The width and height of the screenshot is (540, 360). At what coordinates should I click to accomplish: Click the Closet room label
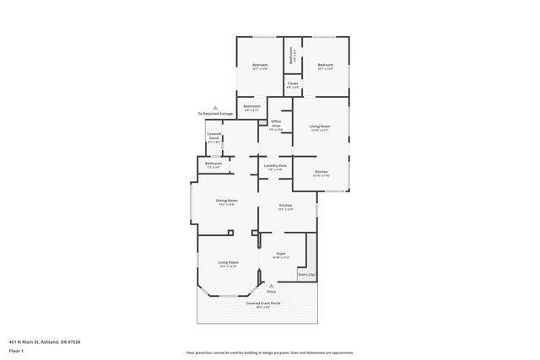coord(292,84)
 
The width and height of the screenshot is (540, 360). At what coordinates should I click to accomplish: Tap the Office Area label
coord(275,125)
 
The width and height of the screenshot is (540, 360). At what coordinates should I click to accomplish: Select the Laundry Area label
coord(275,166)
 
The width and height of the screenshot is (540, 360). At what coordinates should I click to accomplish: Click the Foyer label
coord(281,253)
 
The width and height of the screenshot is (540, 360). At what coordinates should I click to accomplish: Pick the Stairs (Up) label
coord(306,275)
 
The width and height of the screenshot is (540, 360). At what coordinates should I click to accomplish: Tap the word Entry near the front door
coord(272,292)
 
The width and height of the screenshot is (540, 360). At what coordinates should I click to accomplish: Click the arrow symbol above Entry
coord(272,286)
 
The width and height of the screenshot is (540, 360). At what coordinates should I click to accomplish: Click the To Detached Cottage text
coord(215,114)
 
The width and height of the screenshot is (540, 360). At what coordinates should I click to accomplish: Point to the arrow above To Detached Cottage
coord(215,108)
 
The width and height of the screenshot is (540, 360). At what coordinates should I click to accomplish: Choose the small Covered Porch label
coord(213,138)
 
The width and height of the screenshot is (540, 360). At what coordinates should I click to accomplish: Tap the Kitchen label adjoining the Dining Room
coord(286,207)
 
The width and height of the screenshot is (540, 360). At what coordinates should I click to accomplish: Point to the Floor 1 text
coord(16,350)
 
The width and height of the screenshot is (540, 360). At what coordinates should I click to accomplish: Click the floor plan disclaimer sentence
coord(269,352)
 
